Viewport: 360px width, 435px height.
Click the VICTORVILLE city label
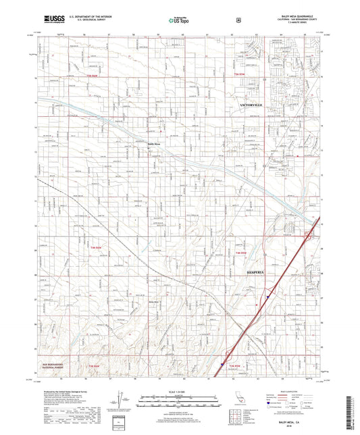(x=254, y=106)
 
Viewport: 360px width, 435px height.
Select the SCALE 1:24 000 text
(x=180, y=391)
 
